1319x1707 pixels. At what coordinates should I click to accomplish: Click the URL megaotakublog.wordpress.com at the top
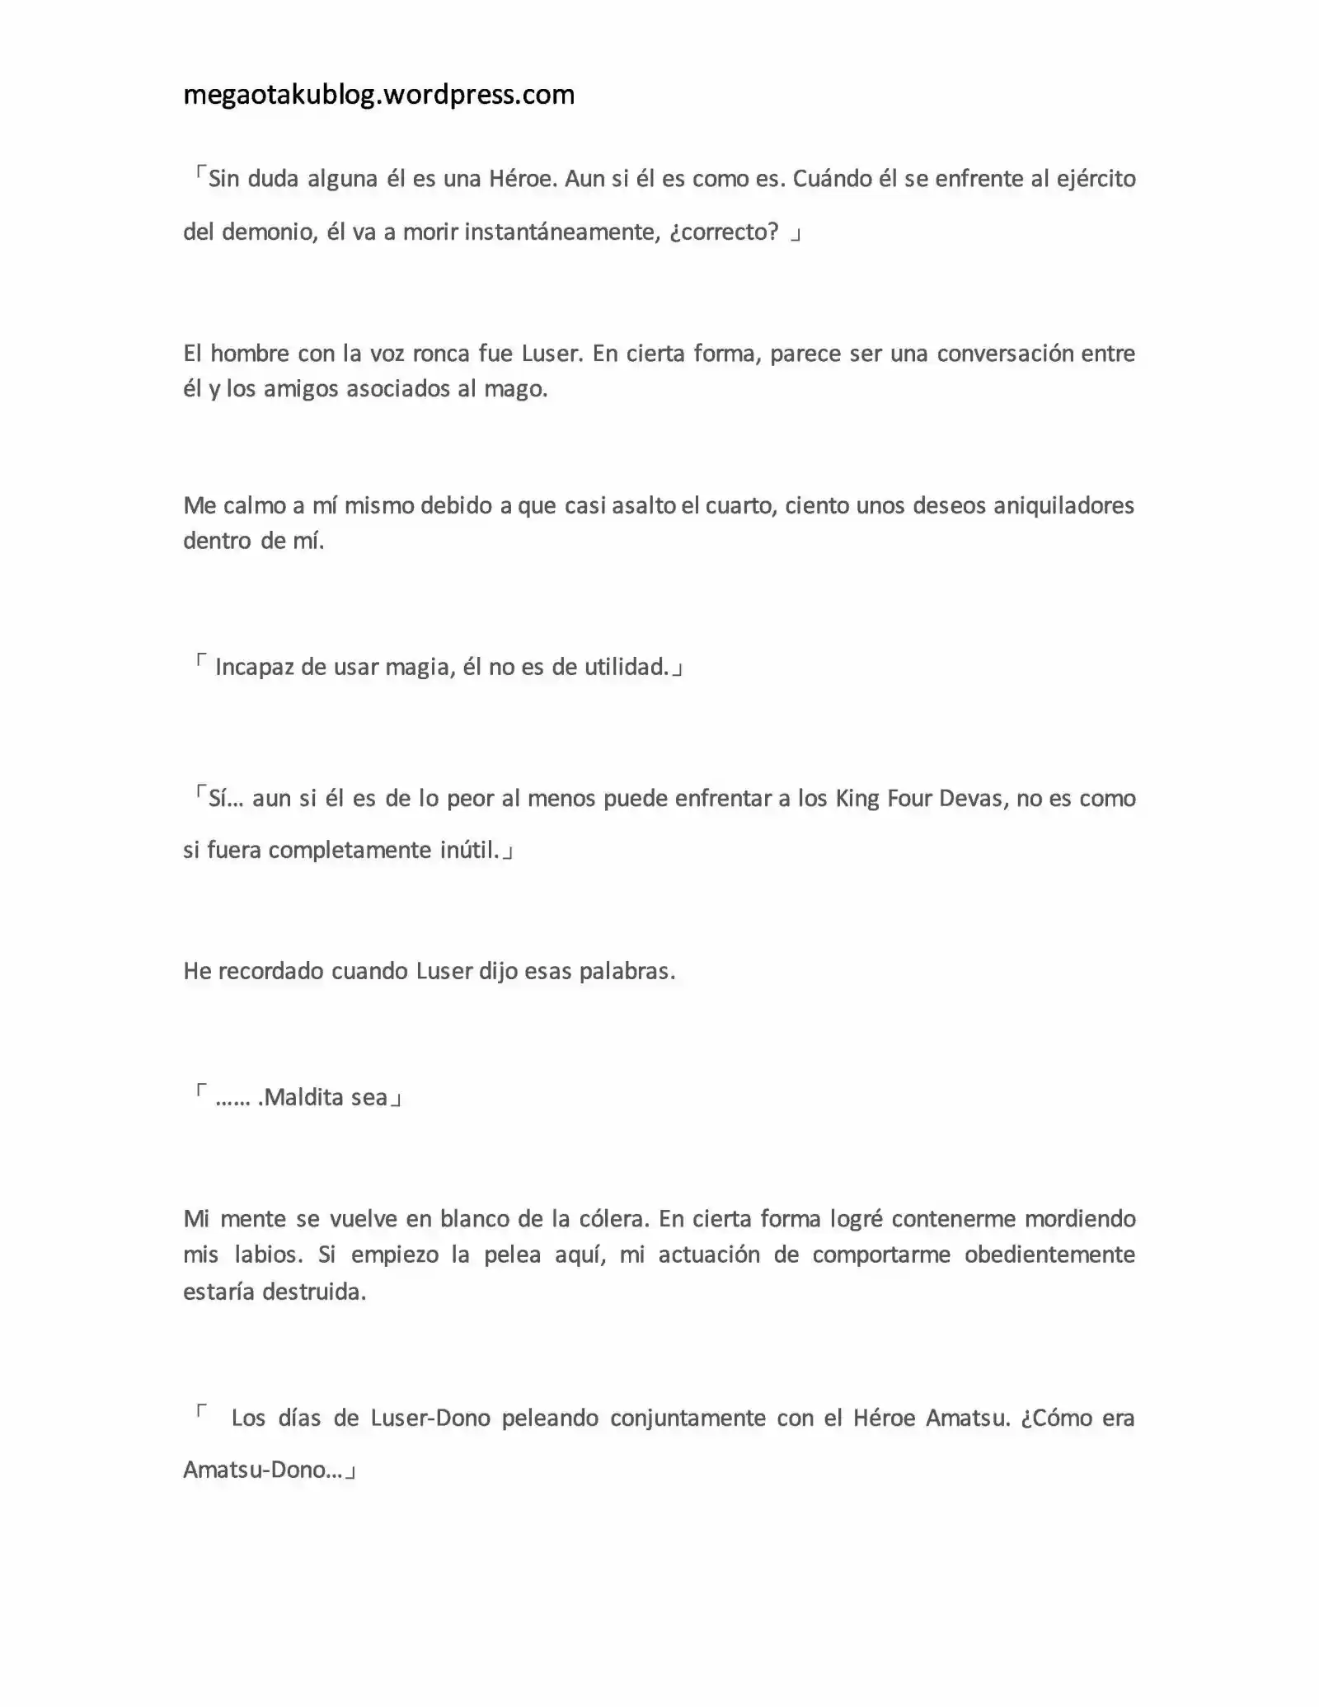[x=378, y=96]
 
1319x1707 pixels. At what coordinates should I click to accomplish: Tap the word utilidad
[x=627, y=667]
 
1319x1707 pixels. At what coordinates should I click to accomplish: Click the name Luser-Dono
[x=429, y=1419]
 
